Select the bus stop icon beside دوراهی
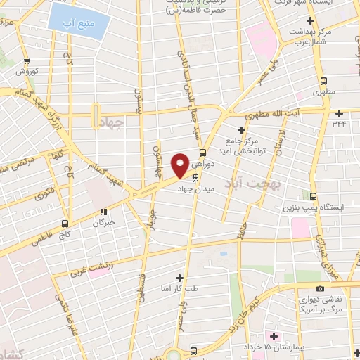click(x=203, y=153)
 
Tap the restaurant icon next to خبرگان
click(x=103, y=210)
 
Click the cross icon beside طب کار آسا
click(x=179, y=278)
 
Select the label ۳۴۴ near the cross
click(x=340, y=124)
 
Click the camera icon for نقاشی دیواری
click(x=321, y=288)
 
